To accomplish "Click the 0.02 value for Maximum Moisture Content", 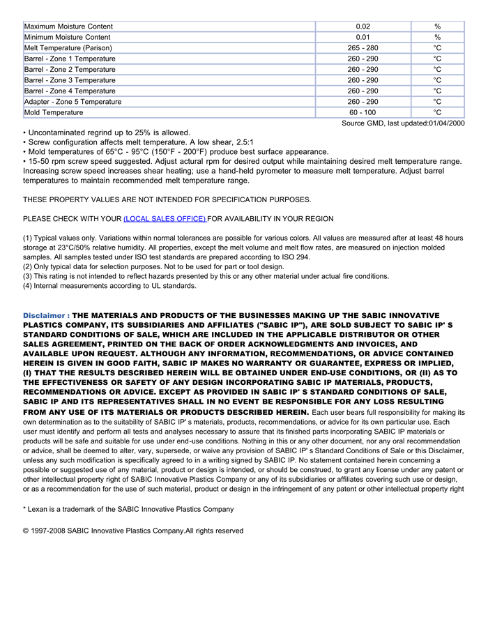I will coord(363,26).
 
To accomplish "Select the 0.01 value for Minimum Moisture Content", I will coord(363,37).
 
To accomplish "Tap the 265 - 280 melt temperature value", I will coord(363,48).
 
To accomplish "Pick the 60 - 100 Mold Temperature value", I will coord(363,112).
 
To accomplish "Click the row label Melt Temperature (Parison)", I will coord(68,48).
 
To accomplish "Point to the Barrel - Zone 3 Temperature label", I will coord(70,80).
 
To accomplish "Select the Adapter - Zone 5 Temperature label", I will coord(73,102).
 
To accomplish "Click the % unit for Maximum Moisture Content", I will coord(437,26).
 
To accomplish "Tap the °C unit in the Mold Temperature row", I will coord(437,112).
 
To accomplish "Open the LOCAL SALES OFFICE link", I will coord(165,219).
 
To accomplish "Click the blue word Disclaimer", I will coord(45,315).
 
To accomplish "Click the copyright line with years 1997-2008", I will coord(133,531).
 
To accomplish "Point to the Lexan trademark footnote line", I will coord(128,509).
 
